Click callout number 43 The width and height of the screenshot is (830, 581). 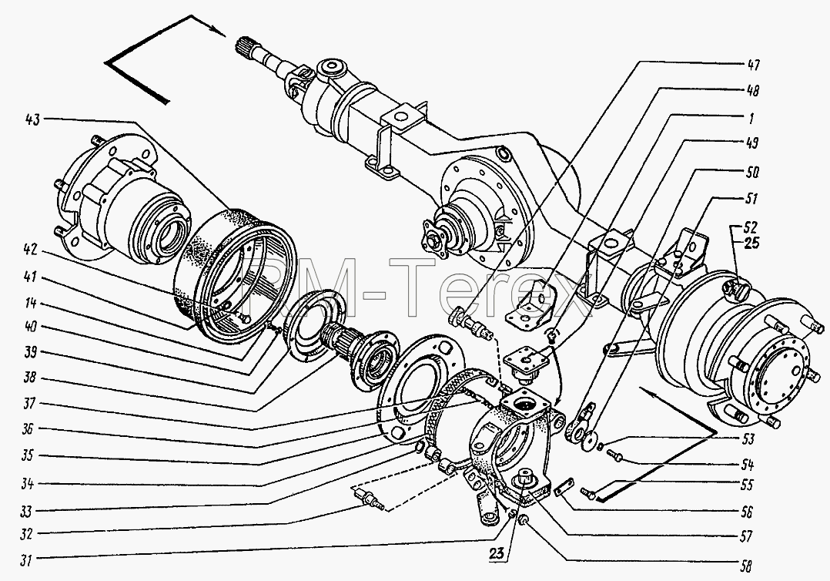pyautogui.click(x=32, y=119)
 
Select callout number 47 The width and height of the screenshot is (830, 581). pyautogui.click(x=753, y=65)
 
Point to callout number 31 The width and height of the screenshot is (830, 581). pyautogui.click(x=25, y=560)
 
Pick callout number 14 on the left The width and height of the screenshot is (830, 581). pyautogui.click(x=31, y=303)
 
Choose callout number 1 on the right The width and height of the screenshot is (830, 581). pyautogui.click(x=751, y=118)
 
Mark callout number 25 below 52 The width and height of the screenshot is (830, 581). pyautogui.click(x=751, y=243)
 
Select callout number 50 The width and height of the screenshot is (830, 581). pyautogui.click(x=751, y=172)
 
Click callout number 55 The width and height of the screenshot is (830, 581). pyautogui.click(x=746, y=485)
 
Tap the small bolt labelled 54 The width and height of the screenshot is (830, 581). pyautogui.click(x=616, y=454)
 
